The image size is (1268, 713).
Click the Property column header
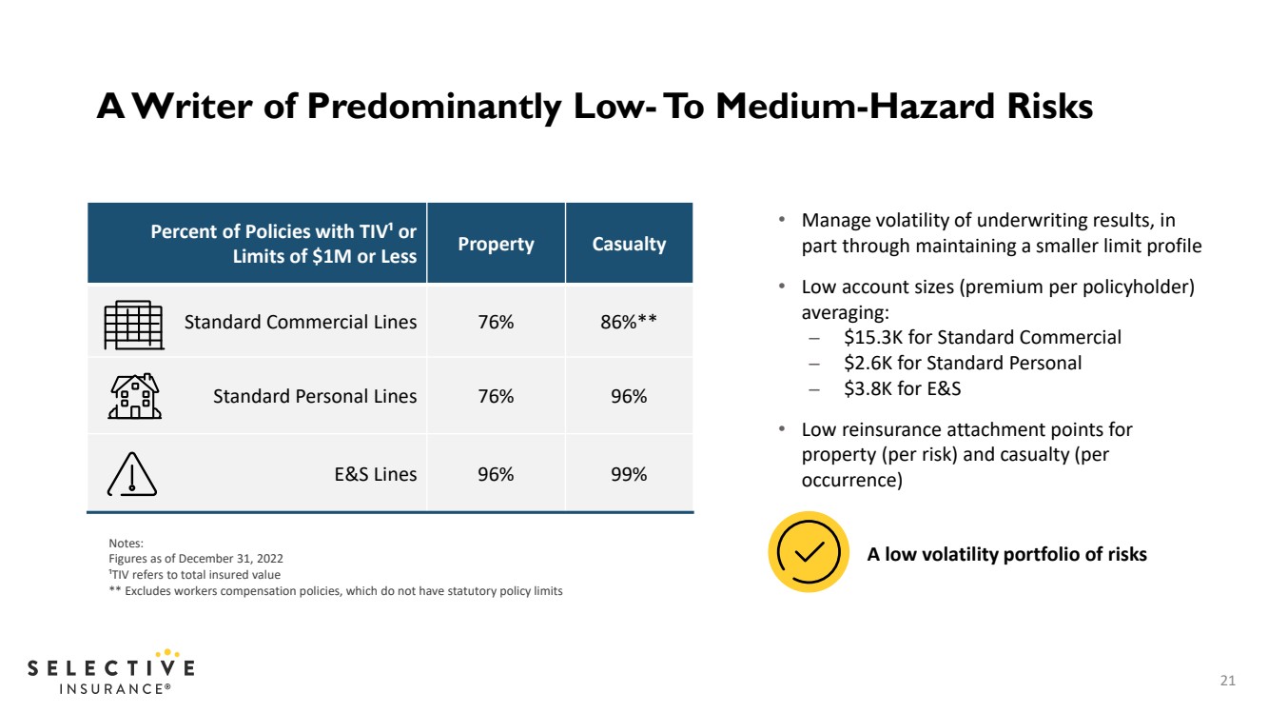pyautogui.click(x=496, y=244)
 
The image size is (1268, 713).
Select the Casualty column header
pyautogui.click(x=629, y=244)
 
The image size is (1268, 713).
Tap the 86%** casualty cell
pyautogui.click(x=629, y=322)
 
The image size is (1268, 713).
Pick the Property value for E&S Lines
pyautogui.click(x=496, y=474)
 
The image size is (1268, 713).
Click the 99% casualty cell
pyautogui.click(x=629, y=474)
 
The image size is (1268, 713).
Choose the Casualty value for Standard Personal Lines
pyautogui.click(x=629, y=396)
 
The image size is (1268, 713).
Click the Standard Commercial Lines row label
pyautogui.click(x=300, y=322)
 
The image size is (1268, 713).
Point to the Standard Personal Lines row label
pyautogui.click(x=315, y=396)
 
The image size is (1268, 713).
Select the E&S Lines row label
pyautogui.click(x=376, y=474)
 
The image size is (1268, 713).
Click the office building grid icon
pyautogui.click(x=134, y=325)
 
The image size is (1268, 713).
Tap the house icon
pyautogui.click(x=135, y=396)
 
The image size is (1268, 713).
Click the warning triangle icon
pyautogui.click(x=132, y=474)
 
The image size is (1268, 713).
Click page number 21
pyautogui.click(x=1228, y=680)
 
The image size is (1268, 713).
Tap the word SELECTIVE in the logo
pyautogui.click(x=111, y=667)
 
